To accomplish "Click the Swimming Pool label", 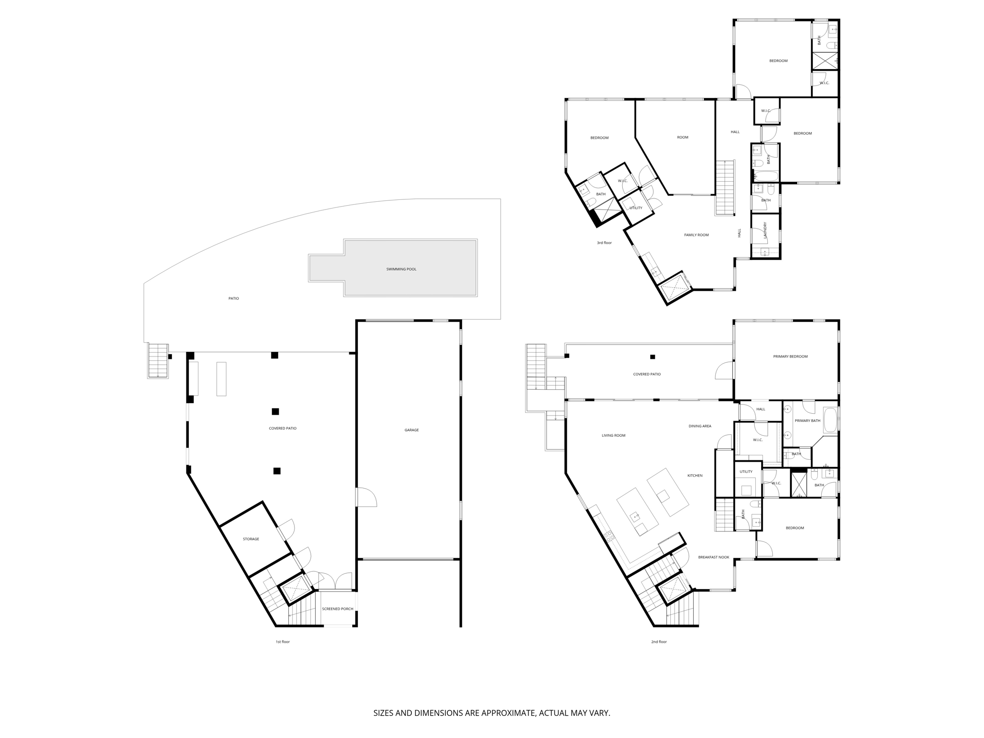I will (401, 269).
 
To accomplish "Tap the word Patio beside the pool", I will (234, 298).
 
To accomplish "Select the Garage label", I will (411, 430).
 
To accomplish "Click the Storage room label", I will (251, 539).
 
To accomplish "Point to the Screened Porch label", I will (337, 609).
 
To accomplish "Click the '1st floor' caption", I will (283, 642).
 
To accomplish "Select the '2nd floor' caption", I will (659, 642).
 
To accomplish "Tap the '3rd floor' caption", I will (604, 243).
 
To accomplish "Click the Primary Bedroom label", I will (790, 357).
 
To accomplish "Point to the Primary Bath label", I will (807, 421).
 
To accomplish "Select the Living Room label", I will (614, 436).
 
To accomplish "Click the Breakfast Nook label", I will (713, 557).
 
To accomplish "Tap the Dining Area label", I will (700, 426).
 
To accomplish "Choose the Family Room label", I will (696, 235).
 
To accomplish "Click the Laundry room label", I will (765, 230).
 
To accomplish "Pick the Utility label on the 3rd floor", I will (636, 208).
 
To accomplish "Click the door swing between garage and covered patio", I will (366, 498).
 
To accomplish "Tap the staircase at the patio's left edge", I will (158, 360).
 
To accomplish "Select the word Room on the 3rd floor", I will (682, 137).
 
